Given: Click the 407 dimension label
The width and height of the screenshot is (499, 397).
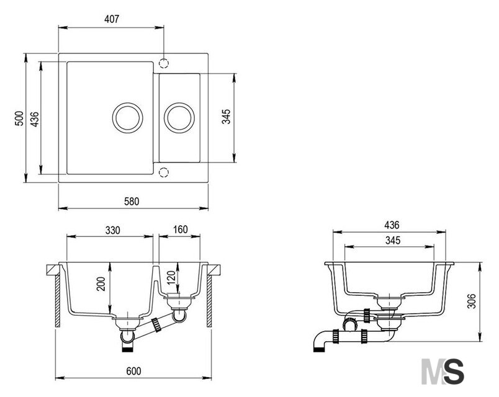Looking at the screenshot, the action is [111, 19].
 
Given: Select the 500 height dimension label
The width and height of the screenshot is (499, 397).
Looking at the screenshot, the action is [19, 118].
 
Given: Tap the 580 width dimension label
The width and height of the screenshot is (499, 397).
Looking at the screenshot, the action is [132, 202].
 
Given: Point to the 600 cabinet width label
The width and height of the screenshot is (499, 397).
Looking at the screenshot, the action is [133, 371].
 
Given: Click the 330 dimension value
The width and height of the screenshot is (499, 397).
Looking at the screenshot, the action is [113, 230].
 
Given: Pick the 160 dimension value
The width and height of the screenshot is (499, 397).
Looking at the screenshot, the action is [180, 230].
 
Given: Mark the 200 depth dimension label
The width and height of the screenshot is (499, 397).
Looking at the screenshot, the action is [101, 284].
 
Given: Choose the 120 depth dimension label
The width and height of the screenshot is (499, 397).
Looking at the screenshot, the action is [171, 278].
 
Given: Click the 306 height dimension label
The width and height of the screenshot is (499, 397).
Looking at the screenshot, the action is [471, 301].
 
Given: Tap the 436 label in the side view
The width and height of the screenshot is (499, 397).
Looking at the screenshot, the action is [392, 225].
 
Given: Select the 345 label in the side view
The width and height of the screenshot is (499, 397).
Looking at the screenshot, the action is [393, 241].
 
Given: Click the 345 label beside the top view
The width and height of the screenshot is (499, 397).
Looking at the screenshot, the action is [226, 117].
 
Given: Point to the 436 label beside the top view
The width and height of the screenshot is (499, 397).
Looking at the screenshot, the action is [35, 119].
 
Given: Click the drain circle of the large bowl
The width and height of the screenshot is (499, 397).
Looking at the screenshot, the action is [127, 103].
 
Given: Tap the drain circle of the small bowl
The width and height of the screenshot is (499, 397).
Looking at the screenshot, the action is [179, 103].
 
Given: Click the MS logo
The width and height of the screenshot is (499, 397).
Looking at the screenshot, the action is [443, 371].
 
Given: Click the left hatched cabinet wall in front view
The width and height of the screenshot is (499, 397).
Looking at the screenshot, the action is [58, 301].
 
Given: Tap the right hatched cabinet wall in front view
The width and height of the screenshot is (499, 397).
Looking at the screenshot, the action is [209, 301].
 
